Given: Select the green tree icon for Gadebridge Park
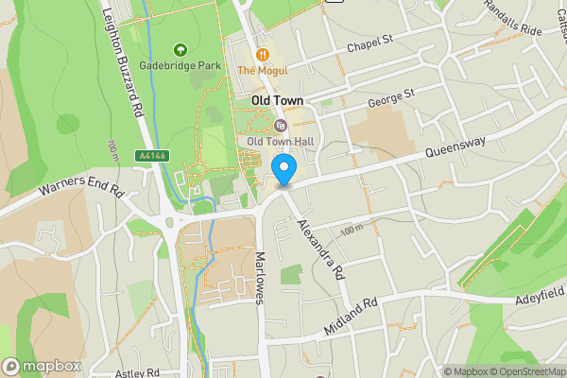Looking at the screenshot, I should click(x=180, y=49).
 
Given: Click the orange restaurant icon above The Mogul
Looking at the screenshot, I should click(x=262, y=53).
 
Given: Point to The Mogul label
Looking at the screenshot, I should click(x=262, y=70).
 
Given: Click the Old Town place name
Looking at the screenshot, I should click(x=276, y=100).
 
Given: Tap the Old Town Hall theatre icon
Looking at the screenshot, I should click(x=279, y=125).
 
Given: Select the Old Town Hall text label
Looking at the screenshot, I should click(x=279, y=142).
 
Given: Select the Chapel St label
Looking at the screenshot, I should click(x=368, y=43).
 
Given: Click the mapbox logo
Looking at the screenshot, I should click(x=43, y=366).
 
